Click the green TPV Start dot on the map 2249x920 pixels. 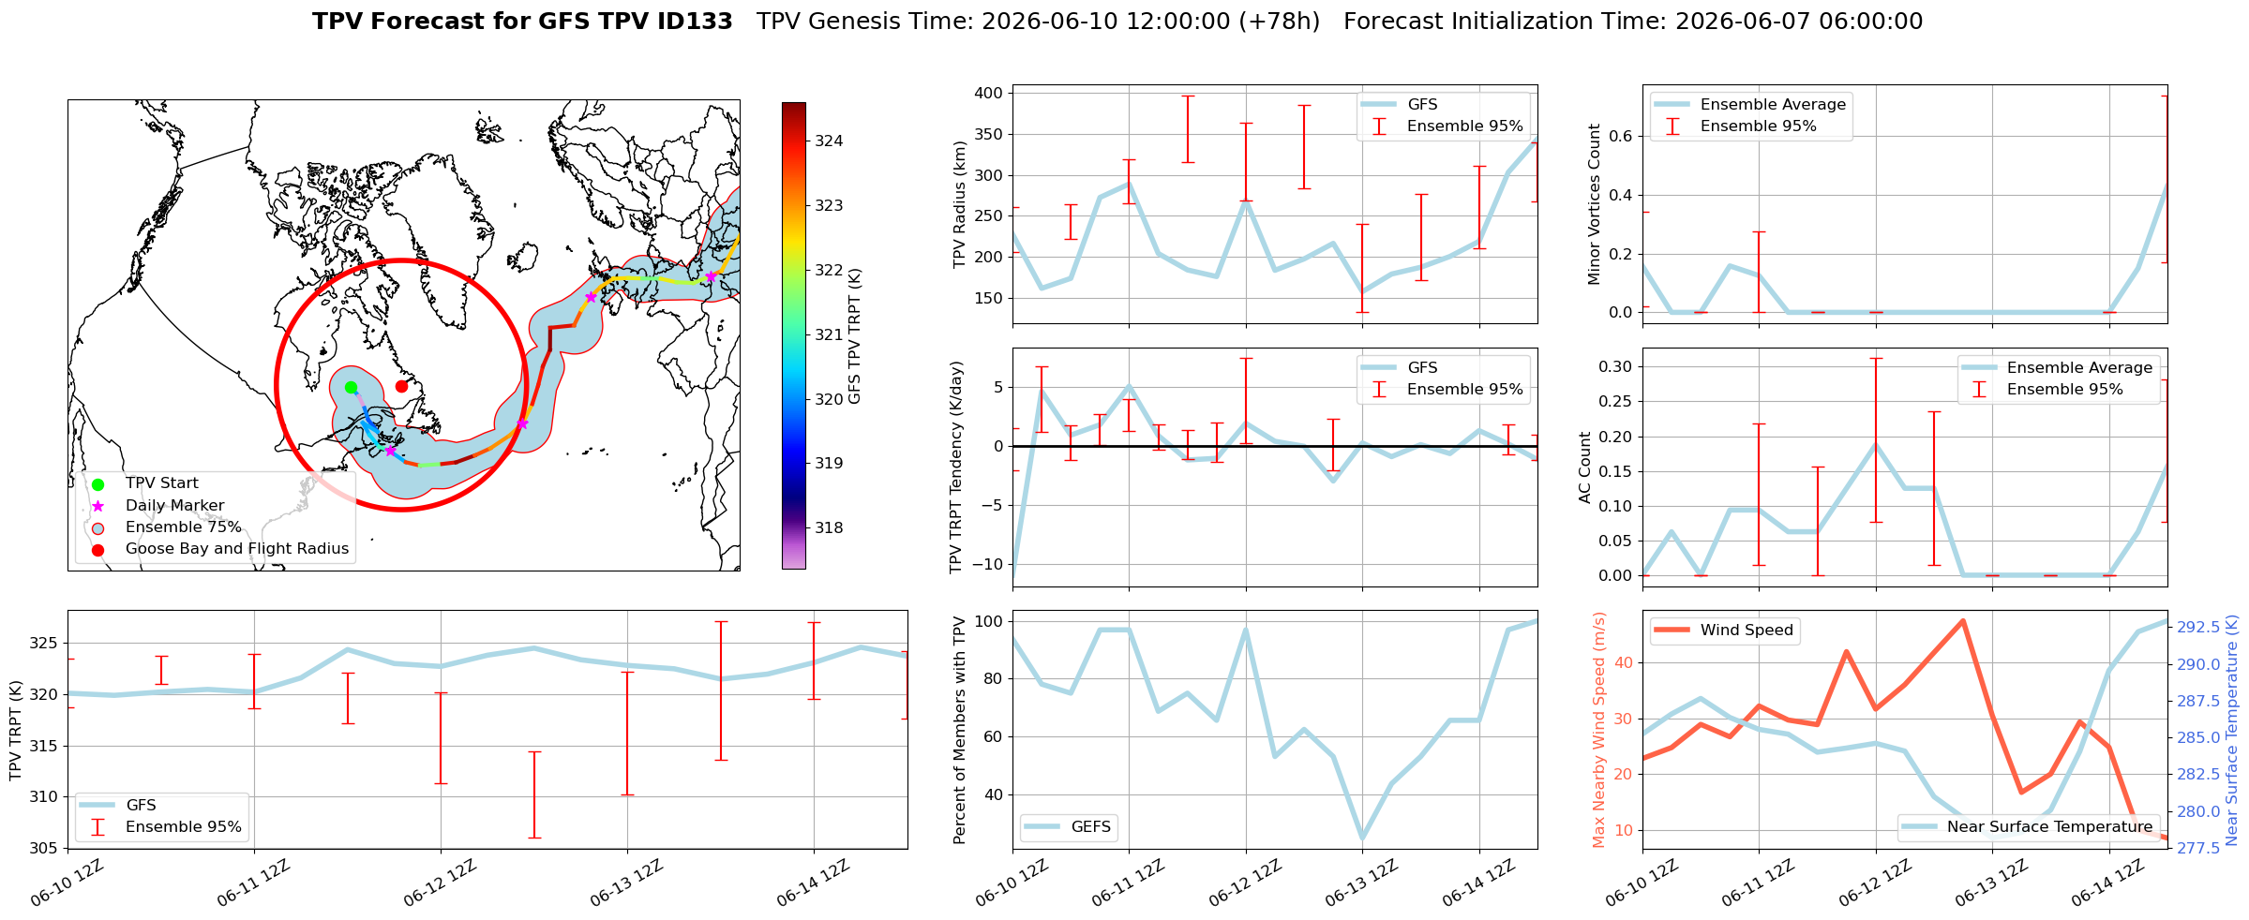coord(351,388)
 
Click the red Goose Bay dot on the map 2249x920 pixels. coord(401,386)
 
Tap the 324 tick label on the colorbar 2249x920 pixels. coord(829,141)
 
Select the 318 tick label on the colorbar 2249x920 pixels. coord(829,528)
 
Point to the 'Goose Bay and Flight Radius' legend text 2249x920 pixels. coord(237,549)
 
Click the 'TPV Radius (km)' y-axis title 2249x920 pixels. coord(959,205)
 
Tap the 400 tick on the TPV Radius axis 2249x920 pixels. coord(988,94)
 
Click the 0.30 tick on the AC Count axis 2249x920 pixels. coord(1614,366)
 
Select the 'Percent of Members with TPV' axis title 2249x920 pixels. coord(959,730)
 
